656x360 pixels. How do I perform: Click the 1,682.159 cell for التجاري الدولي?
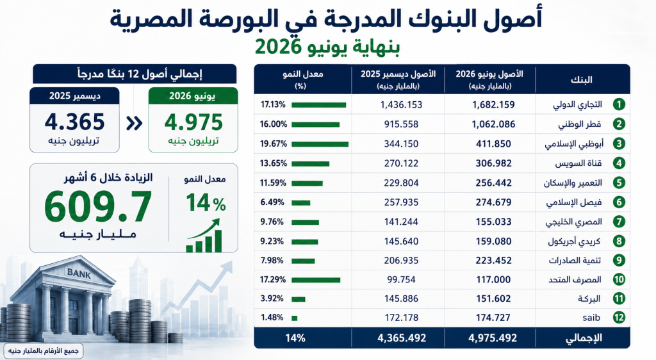[x=493, y=104]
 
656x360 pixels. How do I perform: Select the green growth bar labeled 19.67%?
[x=320, y=144]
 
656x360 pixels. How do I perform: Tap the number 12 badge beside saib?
[x=619, y=317]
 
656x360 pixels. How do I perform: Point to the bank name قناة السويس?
[x=578, y=163]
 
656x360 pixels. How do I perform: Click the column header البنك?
[x=582, y=79]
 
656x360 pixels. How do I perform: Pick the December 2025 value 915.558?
[x=401, y=124]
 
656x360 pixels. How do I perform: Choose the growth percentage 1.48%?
[x=272, y=317]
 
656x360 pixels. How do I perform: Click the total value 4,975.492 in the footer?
[x=493, y=338]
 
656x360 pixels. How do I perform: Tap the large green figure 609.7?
[x=98, y=206]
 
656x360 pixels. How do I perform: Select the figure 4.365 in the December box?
[x=74, y=122]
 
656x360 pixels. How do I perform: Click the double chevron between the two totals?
[x=134, y=124]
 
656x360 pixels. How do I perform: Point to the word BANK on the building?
[x=79, y=274]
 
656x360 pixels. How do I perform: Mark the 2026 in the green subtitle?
[x=278, y=47]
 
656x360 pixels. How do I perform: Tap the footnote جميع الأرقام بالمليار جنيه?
[x=44, y=350]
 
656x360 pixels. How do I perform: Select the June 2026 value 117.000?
[x=493, y=279]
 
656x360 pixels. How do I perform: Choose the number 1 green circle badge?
[x=619, y=104]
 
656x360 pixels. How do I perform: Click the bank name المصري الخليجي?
[x=573, y=222]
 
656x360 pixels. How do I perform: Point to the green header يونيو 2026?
[x=193, y=95]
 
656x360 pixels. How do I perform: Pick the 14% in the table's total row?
[x=295, y=338]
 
